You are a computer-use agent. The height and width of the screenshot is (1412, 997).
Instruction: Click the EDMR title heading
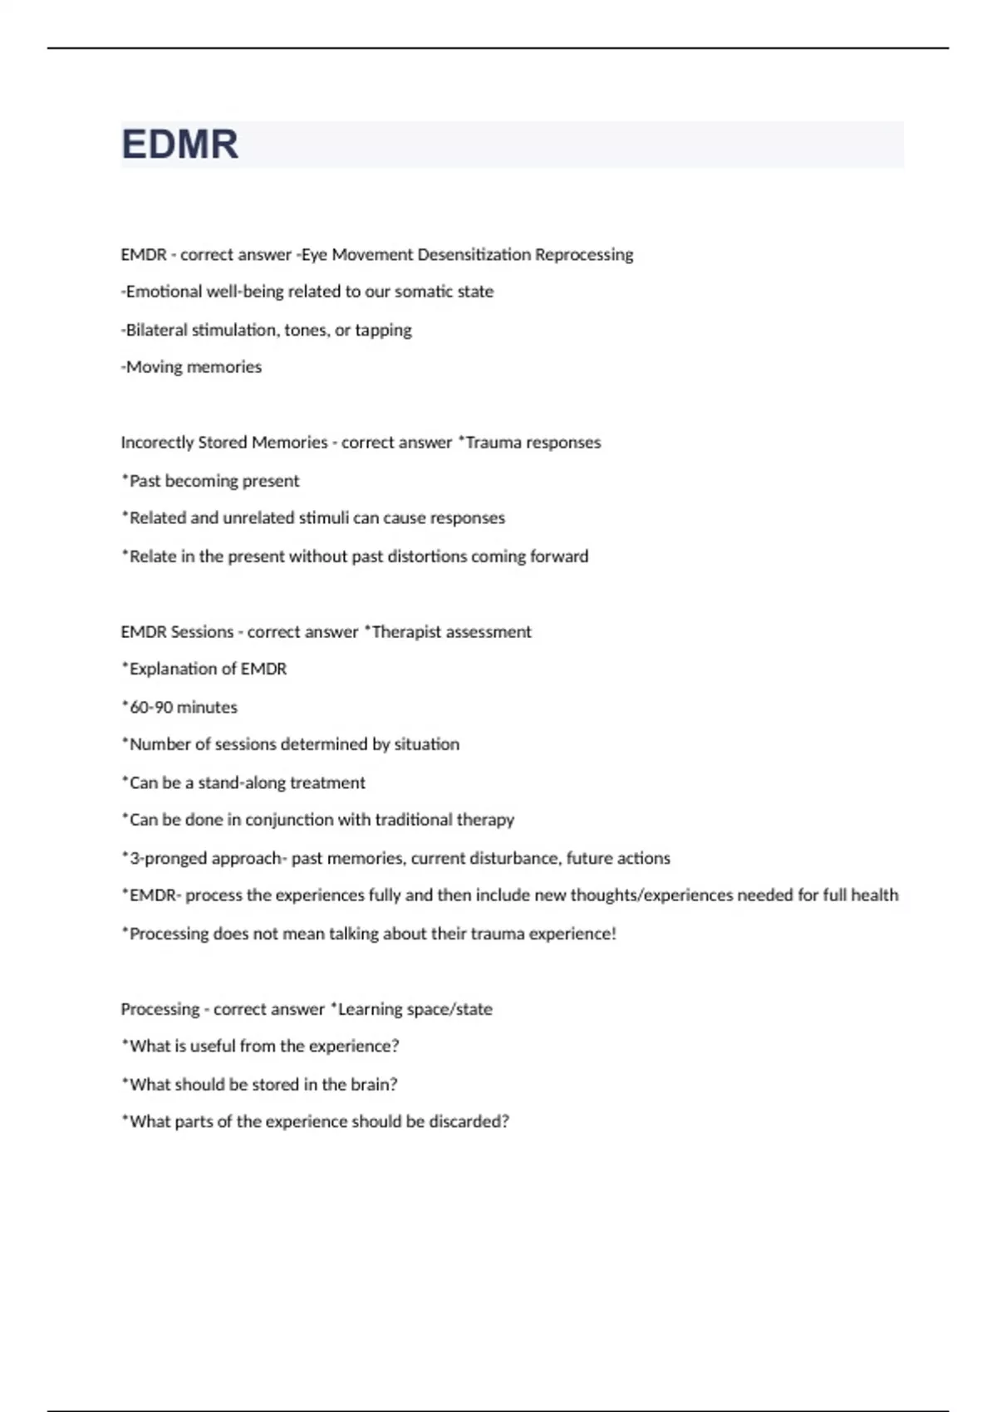[x=180, y=145]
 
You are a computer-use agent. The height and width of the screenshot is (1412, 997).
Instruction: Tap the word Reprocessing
[x=583, y=255]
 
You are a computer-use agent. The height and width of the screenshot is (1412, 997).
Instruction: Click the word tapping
[x=383, y=331]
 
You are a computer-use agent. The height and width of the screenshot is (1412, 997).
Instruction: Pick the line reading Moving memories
[x=192, y=367]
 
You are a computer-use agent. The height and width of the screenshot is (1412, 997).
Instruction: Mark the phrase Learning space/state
[x=415, y=1009]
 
